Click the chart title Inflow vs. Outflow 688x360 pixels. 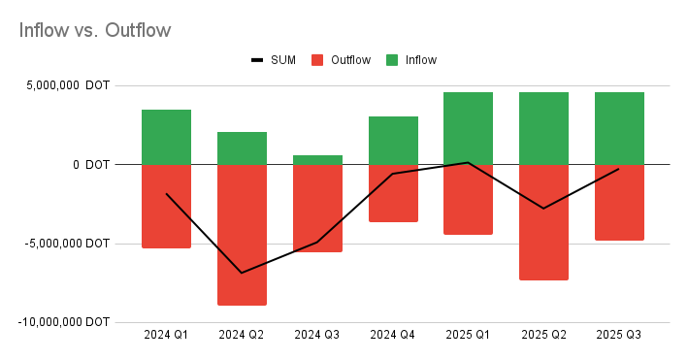(95, 30)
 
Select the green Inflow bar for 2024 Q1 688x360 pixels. (166, 137)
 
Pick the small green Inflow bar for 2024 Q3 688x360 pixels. (317, 159)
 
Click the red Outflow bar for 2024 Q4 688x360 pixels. (393, 193)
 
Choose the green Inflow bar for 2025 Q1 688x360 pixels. (468, 128)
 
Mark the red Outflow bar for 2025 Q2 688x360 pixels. (543, 221)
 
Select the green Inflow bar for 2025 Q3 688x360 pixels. (619, 128)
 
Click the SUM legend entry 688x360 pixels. (276, 60)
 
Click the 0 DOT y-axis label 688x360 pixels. (91, 164)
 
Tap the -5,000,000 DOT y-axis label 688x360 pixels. (69, 243)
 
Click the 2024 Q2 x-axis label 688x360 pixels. (242, 334)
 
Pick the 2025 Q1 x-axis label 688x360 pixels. (468, 334)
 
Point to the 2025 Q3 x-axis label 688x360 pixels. (619, 334)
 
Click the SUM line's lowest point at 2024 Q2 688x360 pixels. (242, 273)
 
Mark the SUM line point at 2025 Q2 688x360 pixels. (543, 209)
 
